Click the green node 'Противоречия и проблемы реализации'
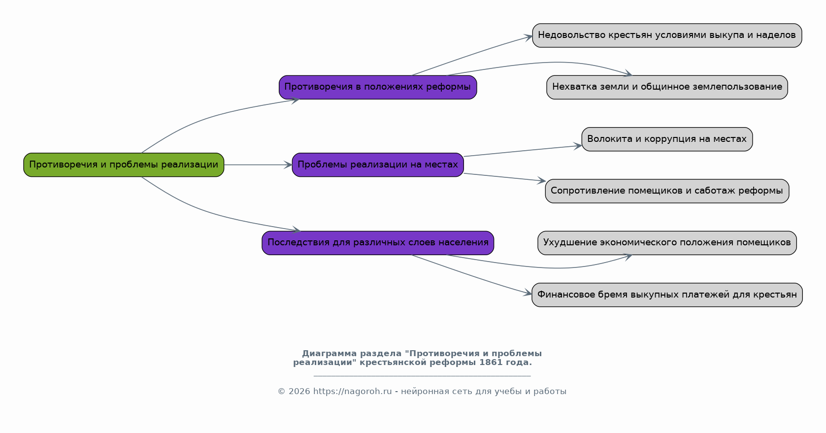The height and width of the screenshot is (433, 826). (124, 165)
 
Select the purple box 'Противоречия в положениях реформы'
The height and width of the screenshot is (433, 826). (378, 87)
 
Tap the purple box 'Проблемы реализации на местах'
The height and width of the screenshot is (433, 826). (378, 165)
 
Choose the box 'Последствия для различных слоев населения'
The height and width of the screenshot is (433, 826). (378, 243)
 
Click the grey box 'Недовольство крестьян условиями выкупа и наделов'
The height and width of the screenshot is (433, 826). (667, 35)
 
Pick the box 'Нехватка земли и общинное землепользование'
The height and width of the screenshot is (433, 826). (667, 87)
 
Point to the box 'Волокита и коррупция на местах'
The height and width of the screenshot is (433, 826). (667, 139)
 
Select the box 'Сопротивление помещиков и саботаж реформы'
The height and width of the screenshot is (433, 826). (667, 191)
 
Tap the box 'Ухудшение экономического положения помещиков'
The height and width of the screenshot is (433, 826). (667, 243)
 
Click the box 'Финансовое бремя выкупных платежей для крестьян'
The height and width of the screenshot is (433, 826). (667, 295)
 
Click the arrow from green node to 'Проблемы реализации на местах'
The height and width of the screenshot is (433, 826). (258, 165)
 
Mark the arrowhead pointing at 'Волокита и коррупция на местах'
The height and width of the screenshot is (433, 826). (577, 146)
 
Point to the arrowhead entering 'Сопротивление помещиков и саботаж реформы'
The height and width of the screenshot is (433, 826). (541, 180)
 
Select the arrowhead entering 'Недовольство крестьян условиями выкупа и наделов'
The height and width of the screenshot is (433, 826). (528, 37)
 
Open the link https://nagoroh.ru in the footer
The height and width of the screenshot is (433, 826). (353, 392)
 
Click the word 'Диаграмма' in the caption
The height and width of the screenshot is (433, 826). (330, 354)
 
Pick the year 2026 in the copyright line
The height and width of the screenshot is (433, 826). (299, 392)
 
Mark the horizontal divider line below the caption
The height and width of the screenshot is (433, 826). (422, 376)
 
